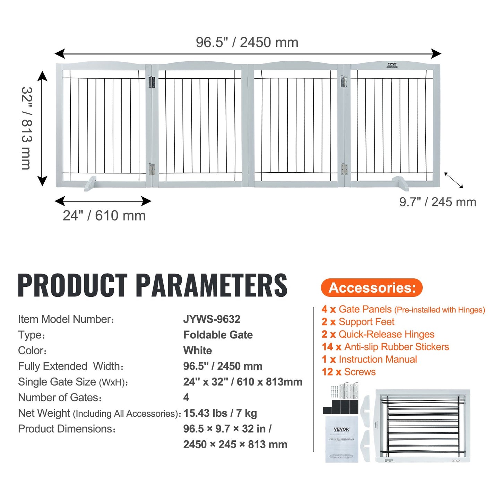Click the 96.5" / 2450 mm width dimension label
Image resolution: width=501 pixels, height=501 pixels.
pos(247,42)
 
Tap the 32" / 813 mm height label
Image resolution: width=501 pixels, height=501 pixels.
pos(27,128)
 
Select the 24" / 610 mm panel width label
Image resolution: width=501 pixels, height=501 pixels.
pos(104,216)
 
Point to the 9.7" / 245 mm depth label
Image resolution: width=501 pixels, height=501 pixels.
pos(438,202)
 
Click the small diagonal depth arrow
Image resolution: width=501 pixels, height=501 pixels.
pos(454,180)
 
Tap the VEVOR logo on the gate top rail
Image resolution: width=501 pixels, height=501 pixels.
pos(392,64)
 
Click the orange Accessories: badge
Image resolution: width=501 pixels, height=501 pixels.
pos(372,288)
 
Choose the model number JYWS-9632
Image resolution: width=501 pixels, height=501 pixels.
pos(211,319)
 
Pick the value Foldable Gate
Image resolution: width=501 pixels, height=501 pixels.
pos(218,335)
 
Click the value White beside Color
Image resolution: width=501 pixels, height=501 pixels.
pos(197,351)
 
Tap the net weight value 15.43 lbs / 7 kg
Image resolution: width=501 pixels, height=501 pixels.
pos(220,413)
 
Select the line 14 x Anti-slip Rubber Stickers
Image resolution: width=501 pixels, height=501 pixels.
pos(385,347)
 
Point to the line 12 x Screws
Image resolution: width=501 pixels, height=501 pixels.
pos(348,372)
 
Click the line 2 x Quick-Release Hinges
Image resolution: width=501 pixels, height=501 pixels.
pos(378,334)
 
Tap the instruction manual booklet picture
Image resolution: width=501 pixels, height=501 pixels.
pos(342,439)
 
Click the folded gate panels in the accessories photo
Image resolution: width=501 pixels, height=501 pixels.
pos(423,426)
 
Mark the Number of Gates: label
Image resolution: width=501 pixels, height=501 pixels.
pos(60,397)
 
